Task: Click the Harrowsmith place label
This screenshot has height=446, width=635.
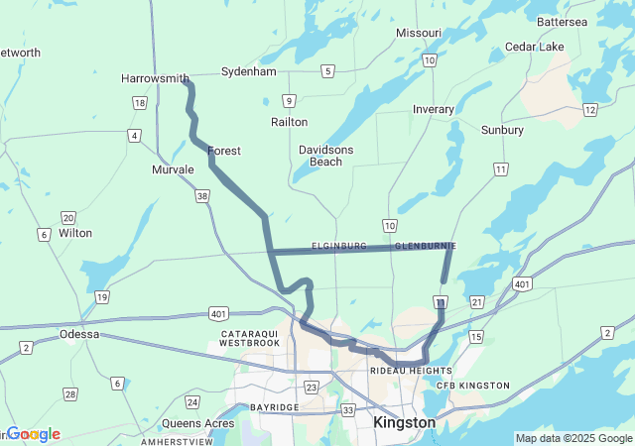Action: pyautogui.click(x=155, y=78)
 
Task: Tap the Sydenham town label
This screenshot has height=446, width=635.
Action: pyautogui.click(x=248, y=72)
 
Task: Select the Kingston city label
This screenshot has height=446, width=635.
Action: pyautogui.click(x=404, y=422)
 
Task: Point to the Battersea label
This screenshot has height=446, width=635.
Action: pyautogui.click(x=589, y=22)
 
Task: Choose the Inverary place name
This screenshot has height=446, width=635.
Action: pyautogui.click(x=434, y=109)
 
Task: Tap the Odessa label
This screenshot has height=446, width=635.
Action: pyautogui.click(x=79, y=334)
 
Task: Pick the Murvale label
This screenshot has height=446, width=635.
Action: pyautogui.click(x=173, y=169)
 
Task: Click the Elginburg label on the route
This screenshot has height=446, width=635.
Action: pyautogui.click(x=339, y=246)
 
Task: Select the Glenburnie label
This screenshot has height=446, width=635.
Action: pyautogui.click(x=425, y=246)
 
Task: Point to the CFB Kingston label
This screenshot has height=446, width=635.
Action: pyautogui.click(x=473, y=386)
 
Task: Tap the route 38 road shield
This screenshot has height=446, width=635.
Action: pyautogui.click(x=202, y=197)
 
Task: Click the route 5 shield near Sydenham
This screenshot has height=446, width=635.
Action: pyautogui.click(x=327, y=71)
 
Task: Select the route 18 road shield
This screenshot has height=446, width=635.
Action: pyautogui.click(x=140, y=103)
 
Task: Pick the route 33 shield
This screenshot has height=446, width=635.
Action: pyautogui.click(x=348, y=409)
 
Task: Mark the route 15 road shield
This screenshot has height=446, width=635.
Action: pyautogui.click(x=476, y=338)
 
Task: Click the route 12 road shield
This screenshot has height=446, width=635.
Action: pyautogui.click(x=589, y=109)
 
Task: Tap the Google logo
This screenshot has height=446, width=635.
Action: pyautogui.click(x=34, y=434)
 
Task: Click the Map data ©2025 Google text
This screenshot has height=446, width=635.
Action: pyautogui.click(x=572, y=438)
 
